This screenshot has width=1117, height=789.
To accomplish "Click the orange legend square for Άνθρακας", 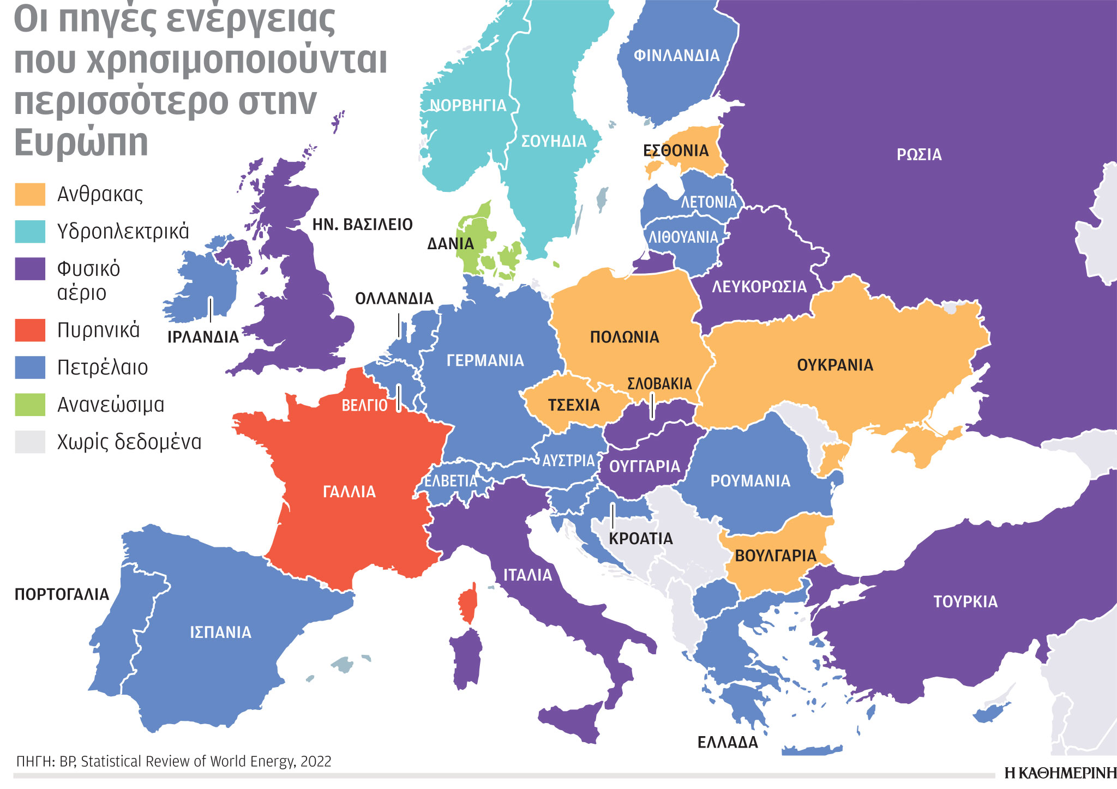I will [x=30, y=195].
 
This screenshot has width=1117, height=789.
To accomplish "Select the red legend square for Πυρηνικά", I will [x=30, y=330].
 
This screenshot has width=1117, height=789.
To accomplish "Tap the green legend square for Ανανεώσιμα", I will [x=30, y=405].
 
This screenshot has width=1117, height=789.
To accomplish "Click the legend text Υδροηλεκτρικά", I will [x=123, y=232].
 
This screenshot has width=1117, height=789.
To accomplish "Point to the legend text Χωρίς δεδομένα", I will [x=129, y=442].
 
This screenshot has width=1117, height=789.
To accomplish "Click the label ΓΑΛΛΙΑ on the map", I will [x=349, y=492].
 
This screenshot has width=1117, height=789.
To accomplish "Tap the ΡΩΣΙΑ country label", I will [x=919, y=155].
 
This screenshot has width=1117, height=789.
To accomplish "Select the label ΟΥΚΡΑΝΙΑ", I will [x=835, y=365].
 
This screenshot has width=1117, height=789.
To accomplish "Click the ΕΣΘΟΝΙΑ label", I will [x=676, y=151].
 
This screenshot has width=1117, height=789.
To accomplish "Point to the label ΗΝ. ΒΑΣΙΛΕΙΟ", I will [x=362, y=225].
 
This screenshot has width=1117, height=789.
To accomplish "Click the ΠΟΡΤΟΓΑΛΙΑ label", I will [x=62, y=594].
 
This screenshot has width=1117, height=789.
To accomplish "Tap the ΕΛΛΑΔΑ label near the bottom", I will [x=728, y=743].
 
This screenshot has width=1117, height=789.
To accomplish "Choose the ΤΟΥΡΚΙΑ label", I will [x=965, y=602].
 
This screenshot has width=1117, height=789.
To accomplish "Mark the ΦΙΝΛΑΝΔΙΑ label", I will [x=676, y=56].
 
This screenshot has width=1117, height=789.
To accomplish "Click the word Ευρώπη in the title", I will [x=81, y=143].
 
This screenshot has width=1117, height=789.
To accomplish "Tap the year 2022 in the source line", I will [x=316, y=762].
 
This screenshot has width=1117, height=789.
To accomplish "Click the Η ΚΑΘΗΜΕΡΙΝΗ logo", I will [x=1060, y=773].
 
